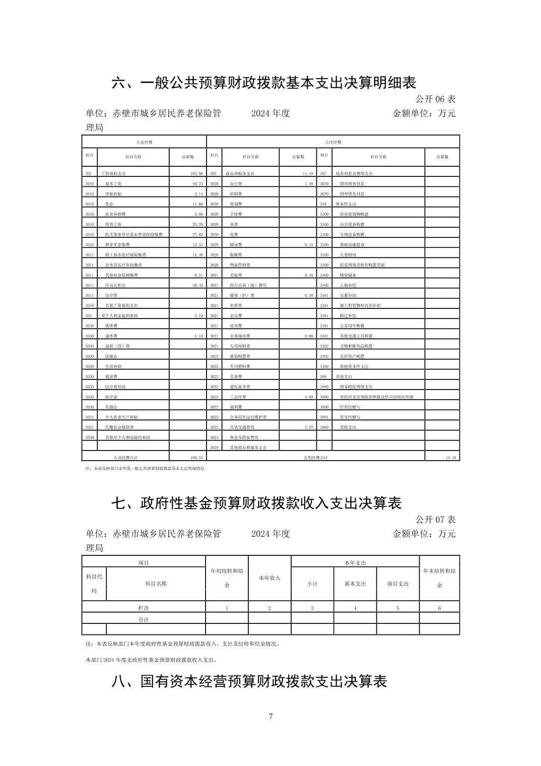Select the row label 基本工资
click(113, 184)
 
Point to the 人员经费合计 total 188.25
click(194, 458)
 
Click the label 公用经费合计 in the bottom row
click(315, 458)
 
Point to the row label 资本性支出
click(346, 204)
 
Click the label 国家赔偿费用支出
click(356, 387)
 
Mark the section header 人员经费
click(144, 142)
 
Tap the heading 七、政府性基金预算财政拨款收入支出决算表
click(256, 503)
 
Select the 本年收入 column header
click(269, 578)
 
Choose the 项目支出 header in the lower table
click(397, 584)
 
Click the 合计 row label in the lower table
click(144, 619)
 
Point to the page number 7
click(270, 717)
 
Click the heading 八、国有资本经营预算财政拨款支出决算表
click(249, 681)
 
